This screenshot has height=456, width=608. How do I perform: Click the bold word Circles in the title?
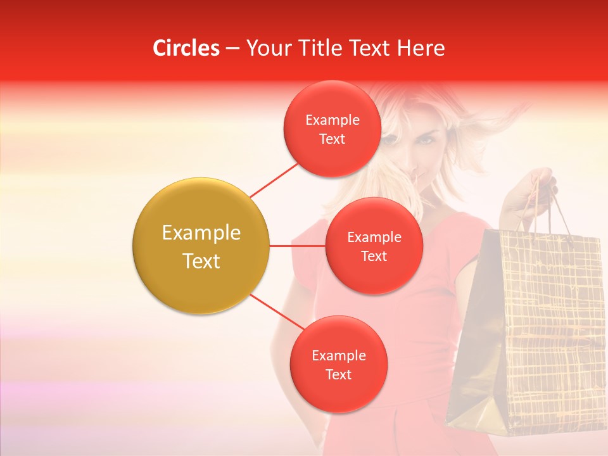pyautogui.click(x=186, y=48)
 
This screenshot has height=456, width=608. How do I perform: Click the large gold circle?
pyautogui.click(x=201, y=246)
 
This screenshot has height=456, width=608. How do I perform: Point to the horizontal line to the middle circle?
pyautogui.click(x=297, y=246)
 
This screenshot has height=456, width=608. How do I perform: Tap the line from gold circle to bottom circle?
pyautogui.click(x=277, y=312)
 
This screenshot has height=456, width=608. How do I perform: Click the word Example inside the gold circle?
pyautogui.click(x=201, y=233)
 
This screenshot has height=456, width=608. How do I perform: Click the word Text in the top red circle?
pyautogui.click(x=332, y=139)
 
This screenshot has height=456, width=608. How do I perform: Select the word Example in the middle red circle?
pyautogui.click(x=374, y=237)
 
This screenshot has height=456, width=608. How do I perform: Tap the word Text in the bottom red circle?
pyautogui.click(x=338, y=374)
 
